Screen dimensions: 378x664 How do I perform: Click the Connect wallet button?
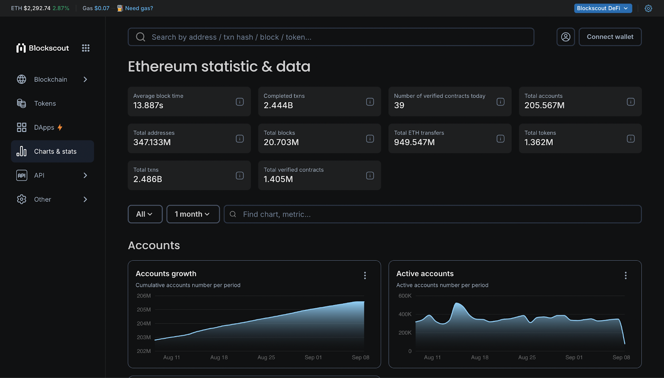point(610,37)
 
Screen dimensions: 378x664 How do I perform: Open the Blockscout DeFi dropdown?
point(603,8)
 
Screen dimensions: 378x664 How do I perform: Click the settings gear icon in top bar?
point(648,8)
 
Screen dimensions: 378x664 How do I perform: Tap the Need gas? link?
point(139,8)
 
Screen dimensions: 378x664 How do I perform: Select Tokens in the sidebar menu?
point(45,103)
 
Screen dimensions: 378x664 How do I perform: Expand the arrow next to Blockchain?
point(85,79)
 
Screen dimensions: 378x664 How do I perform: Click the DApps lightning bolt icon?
point(60,128)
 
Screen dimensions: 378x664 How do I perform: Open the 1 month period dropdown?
point(193,214)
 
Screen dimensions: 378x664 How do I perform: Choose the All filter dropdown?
point(144,214)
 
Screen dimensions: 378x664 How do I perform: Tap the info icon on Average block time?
point(239,102)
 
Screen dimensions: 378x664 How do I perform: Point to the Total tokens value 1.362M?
point(538,142)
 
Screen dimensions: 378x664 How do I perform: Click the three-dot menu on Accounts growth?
point(365,275)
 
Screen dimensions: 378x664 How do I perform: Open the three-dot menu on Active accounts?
point(625,275)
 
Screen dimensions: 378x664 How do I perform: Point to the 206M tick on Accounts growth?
point(144,296)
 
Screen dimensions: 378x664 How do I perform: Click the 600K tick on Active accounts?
point(405,296)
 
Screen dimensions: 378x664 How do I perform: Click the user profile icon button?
point(565,37)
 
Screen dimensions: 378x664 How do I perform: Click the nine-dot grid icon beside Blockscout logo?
point(85,48)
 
